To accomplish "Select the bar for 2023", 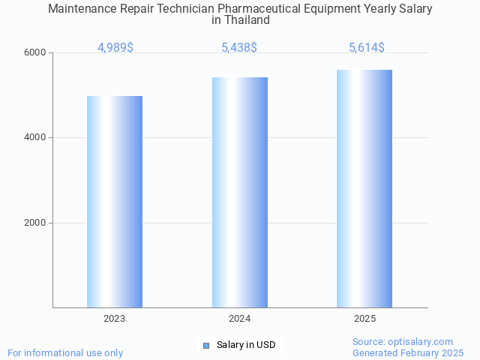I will [x=115, y=202].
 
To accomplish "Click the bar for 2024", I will [x=240, y=192].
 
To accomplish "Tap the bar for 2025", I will [x=364, y=188].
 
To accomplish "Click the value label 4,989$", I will [x=115, y=48].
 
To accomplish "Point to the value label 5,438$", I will [x=239, y=48].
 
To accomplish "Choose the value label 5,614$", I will [x=367, y=48].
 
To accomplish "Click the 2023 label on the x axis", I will [x=115, y=319].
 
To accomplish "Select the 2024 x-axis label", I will [x=240, y=319].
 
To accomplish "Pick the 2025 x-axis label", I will [x=365, y=319].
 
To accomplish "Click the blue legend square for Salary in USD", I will [x=206, y=345].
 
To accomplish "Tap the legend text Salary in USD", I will [x=246, y=345].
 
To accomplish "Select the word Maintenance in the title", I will [x=82, y=9].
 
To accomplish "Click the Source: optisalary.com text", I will [x=403, y=341].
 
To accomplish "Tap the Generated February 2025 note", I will [x=408, y=352].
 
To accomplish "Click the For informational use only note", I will [x=65, y=352].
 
